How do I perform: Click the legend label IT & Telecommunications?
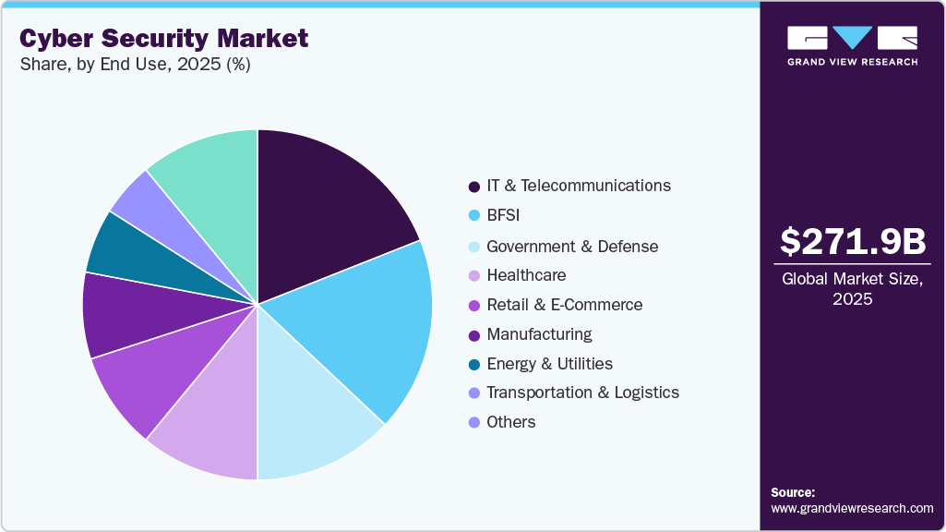pos(579,186)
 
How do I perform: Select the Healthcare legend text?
pos(526,275)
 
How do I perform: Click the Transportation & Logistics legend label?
pos(582,393)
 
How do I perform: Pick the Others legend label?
pos(510,422)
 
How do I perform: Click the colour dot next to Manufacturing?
pos(474,335)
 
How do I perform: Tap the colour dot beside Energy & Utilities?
pos(474,365)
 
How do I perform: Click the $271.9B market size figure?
pos(852,241)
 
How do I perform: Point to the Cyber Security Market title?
pos(164,39)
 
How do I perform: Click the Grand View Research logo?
pos(852,44)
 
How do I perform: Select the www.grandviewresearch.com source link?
pos(852,509)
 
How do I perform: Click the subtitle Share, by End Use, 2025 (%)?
pos(135,65)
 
